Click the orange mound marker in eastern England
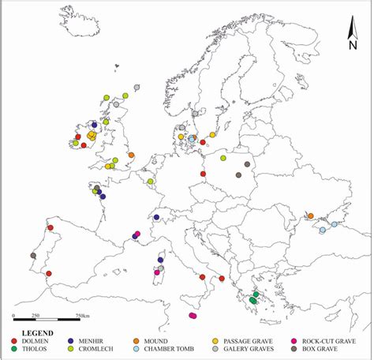(131, 156)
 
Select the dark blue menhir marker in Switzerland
(156, 217)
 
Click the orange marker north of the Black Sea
(310, 216)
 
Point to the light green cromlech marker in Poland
(223, 158)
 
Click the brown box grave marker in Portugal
(33, 255)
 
